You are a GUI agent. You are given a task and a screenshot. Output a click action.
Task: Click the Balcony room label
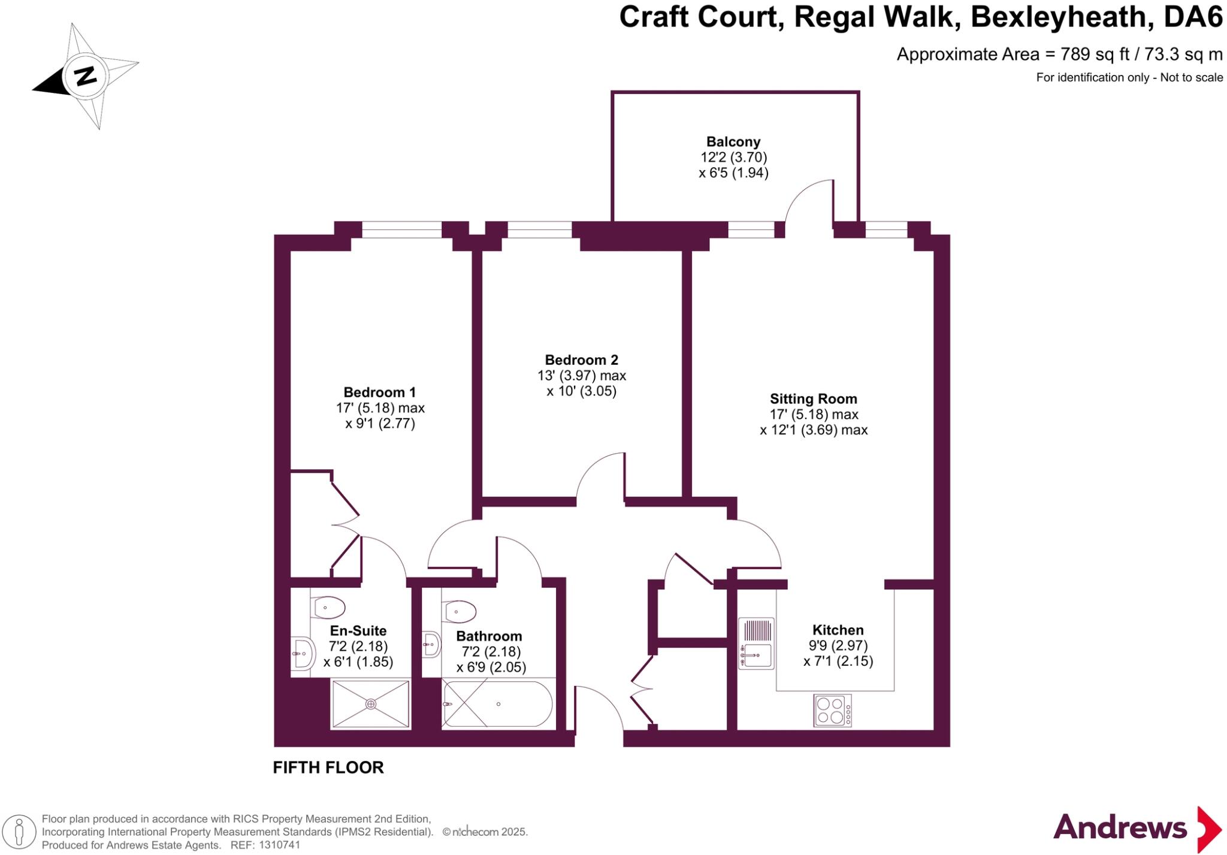tap(733, 142)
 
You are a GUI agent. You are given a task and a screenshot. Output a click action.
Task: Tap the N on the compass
tap(86, 76)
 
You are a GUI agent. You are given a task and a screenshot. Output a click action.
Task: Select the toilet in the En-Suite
tap(329, 608)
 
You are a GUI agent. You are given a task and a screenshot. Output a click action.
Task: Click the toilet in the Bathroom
tap(460, 612)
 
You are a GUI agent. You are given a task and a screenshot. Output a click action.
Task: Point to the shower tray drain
tap(371, 704)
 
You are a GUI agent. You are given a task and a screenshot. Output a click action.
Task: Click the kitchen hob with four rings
tap(832, 711)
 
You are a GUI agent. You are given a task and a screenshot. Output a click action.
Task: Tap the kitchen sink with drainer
tap(756, 645)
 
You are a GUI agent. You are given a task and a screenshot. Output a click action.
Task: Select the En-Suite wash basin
tap(303, 654)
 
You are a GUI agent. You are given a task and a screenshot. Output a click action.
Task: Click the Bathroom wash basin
tap(431, 645)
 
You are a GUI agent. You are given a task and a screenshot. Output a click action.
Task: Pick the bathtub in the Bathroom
tap(497, 705)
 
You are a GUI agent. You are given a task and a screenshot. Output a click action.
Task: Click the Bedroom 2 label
tap(581, 360)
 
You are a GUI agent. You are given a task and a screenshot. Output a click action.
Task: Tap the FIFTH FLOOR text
tap(328, 768)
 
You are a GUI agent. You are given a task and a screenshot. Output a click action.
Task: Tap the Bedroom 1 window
tap(401, 229)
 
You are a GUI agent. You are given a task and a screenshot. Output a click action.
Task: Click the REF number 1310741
tap(279, 845)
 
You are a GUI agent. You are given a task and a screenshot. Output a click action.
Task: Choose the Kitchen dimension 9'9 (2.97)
tap(838, 646)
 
